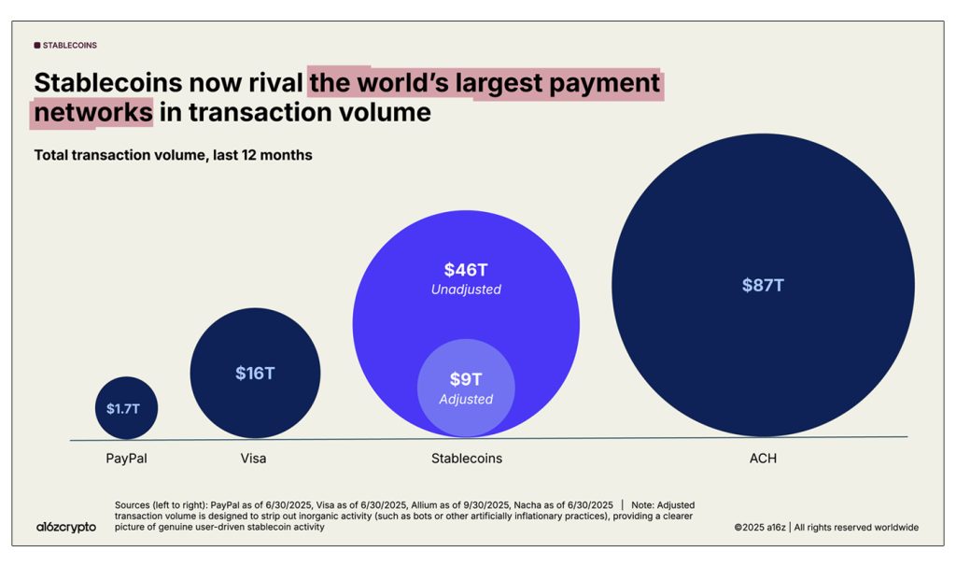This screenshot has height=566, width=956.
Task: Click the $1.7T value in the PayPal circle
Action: coord(126,408)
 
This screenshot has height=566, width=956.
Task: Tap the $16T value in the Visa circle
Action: coord(255,374)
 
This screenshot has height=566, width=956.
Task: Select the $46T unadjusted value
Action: coord(466,270)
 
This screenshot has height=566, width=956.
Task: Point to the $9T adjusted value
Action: coord(466,379)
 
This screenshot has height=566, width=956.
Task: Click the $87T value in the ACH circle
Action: coord(763,286)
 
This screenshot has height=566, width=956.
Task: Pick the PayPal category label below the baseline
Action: coord(126,459)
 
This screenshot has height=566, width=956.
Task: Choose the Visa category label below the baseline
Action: coord(253,459)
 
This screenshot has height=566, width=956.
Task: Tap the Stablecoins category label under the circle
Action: coord(466,459)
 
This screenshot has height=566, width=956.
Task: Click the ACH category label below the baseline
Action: coord(763,459)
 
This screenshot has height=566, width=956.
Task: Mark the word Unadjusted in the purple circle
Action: coord(466,290)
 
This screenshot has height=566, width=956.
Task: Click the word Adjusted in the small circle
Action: coord(466,399)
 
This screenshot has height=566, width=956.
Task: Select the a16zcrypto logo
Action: coord(65,527)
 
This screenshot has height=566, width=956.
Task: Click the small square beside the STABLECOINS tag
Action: coord(37,45)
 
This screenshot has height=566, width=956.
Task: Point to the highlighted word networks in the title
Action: coord(92,113)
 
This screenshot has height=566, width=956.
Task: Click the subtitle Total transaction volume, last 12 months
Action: coord(173,155)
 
